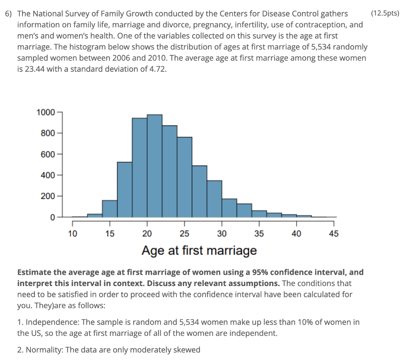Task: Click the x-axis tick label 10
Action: point(72,234)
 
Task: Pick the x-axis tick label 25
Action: point(184,234)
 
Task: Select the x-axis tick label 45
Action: point(334,234)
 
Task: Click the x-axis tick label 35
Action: point(259,234)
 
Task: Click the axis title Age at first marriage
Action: point(199,251)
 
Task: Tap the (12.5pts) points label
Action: point(385,14)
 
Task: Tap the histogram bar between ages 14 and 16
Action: point(110,209)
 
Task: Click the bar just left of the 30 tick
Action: point(214,198)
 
